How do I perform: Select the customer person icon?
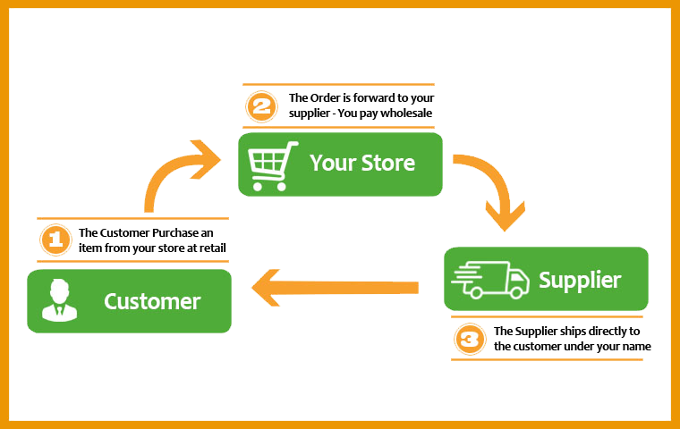[x=60, y=300]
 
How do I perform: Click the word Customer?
[x=152, y=301]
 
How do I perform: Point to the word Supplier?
[x=580, y=280]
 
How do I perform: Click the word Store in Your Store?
[x=388, y=164]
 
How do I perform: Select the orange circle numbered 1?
[x=55, y=240]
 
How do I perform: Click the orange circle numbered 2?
[x=261, y=107]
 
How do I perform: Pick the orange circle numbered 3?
[x=470, y=339]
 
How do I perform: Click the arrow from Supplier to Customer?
[x=336, y=288]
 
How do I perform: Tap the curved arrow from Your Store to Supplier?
[x=495, y=192]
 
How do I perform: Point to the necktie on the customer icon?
[x=60, y=310]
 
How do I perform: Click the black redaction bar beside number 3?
[x=573, y=340]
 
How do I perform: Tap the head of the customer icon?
[x=60, y=290]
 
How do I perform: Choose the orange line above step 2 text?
[x=338, y=85]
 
